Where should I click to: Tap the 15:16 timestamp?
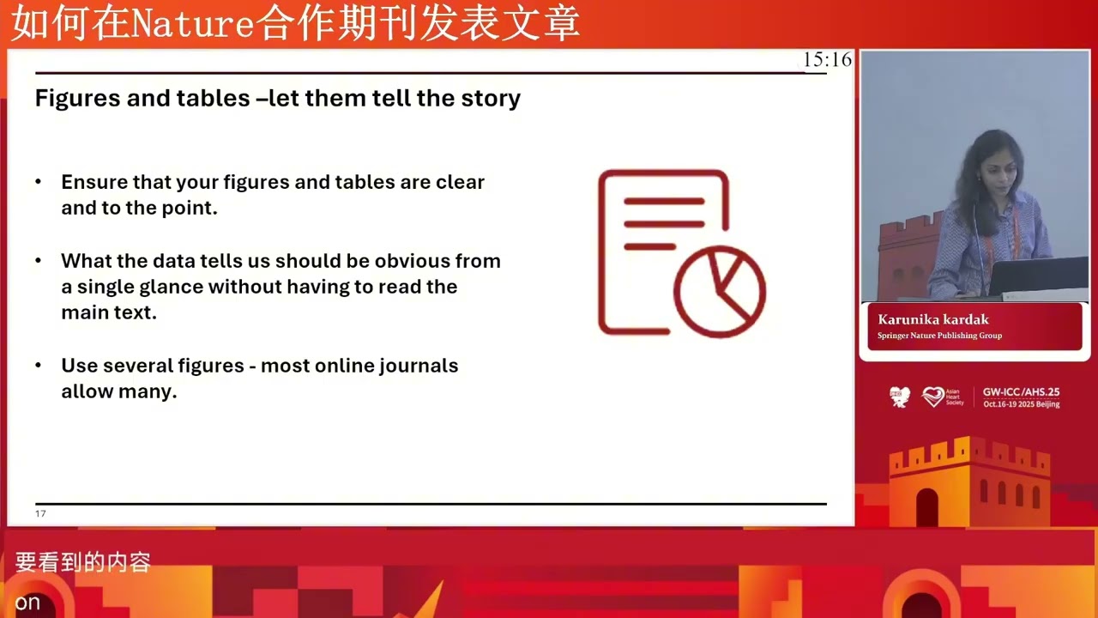(827, 59)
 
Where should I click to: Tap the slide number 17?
(40, 513)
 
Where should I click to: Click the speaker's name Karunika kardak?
(933, 319)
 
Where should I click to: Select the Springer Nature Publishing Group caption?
(939, 336)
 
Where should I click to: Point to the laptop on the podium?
(1038, 276)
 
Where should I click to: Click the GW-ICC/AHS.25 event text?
(1021, 391)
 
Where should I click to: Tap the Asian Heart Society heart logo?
(932, 397)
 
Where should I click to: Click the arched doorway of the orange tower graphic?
(926, 507)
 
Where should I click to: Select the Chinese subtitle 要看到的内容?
(83, 562)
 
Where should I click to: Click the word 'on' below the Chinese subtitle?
(27, 603)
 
